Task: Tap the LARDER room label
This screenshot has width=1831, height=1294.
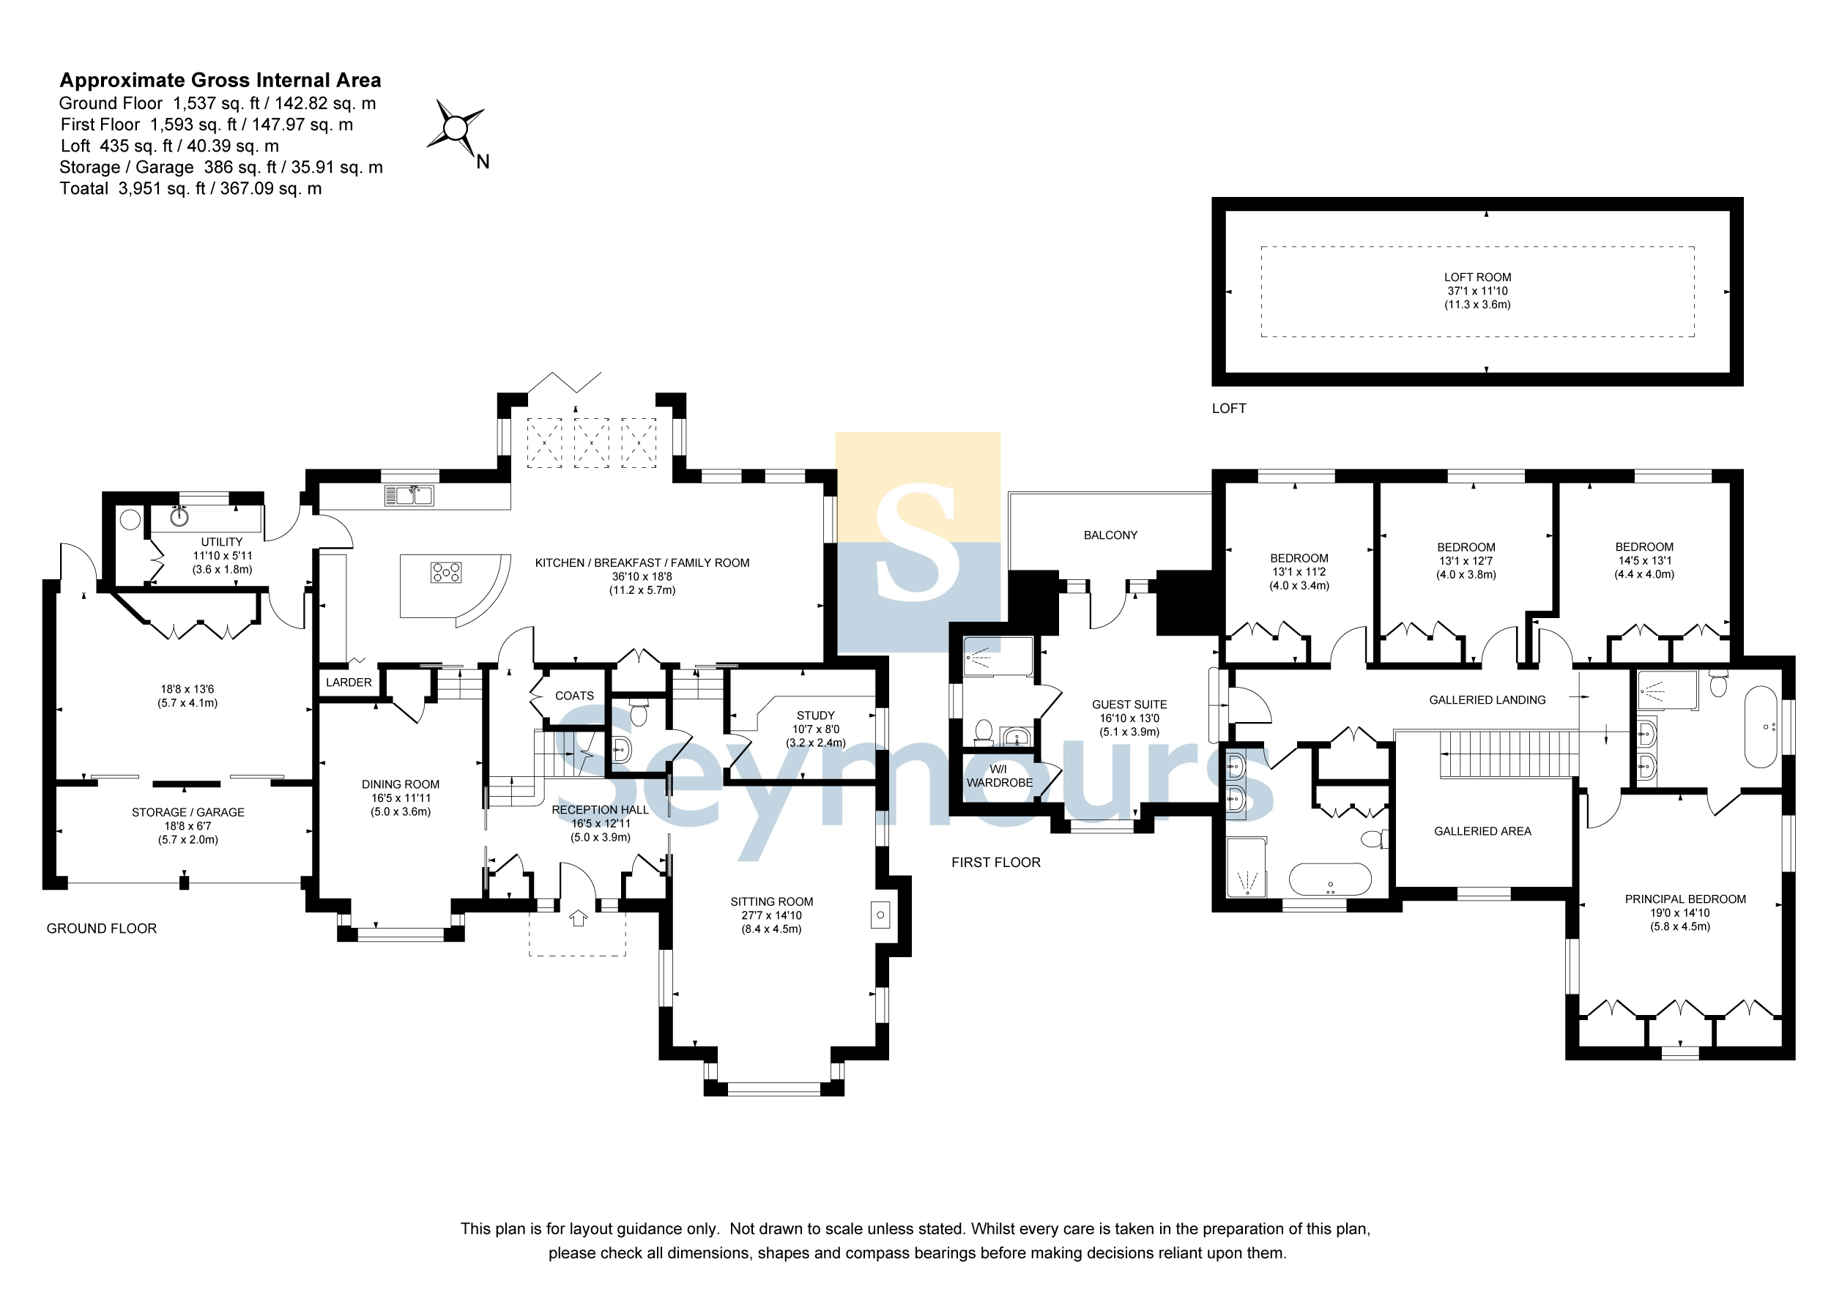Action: tap(349, 683)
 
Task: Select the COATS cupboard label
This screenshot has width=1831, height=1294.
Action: tap(574, 696)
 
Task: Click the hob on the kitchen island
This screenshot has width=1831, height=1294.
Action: tap(446, 573)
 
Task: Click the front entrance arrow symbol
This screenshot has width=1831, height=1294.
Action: tap(578, 918)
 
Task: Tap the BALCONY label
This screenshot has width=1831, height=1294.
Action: tap(1110, 535)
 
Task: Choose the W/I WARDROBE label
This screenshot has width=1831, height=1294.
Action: tap(999, 776)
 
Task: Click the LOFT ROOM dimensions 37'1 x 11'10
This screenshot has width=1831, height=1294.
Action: tap(1478, 291)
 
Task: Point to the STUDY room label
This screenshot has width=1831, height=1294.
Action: tap(816, 716)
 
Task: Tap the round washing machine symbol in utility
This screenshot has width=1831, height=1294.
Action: tap(130, 520)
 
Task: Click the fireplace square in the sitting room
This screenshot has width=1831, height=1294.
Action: tap(880, 915)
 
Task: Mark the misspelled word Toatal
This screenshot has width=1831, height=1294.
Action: tap(83, 189)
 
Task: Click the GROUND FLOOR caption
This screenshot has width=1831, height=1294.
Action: tap(101, 929)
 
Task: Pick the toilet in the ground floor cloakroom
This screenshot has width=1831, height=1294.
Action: tap(639, 712)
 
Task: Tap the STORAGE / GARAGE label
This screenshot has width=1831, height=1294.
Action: tap(188, 812)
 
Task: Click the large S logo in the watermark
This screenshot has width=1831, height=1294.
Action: tap(917, 542)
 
